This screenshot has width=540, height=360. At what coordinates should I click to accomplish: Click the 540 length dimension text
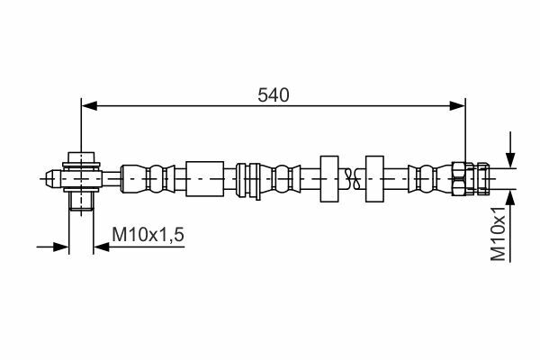point(274,95)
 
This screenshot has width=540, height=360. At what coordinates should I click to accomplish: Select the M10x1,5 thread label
point(148,235)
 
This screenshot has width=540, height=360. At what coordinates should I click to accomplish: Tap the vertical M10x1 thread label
point(498,234)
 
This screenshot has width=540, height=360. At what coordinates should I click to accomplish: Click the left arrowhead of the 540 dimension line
point(89,106)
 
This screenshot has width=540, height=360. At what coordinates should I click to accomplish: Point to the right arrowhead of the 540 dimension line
point(457,106)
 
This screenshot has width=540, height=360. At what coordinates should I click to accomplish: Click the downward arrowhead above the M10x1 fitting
point(510,160)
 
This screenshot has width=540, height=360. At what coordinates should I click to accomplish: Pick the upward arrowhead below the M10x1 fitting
point(510,198)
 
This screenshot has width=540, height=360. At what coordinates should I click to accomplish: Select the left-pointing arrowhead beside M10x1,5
point(101,247)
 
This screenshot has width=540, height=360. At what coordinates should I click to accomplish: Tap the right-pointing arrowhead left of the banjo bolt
point(61,247)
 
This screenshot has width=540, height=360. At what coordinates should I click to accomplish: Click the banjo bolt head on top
point(81,157)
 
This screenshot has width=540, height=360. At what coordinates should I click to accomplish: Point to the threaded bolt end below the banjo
point(81,201)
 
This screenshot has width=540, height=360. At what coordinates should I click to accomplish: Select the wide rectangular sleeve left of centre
point(205,179)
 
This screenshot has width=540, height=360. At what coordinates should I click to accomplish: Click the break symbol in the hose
point(352,179)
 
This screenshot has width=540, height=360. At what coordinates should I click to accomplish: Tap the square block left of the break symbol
point(329,179)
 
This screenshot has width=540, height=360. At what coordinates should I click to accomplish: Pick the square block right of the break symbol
point(374,179)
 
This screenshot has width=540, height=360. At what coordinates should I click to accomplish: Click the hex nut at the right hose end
point(459,179)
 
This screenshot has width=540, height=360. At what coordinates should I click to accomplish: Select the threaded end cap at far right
point(482,179)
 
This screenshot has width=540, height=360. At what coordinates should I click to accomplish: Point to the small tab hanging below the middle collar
point(257,197)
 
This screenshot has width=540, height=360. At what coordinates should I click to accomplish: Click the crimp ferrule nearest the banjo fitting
point(148,179)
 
